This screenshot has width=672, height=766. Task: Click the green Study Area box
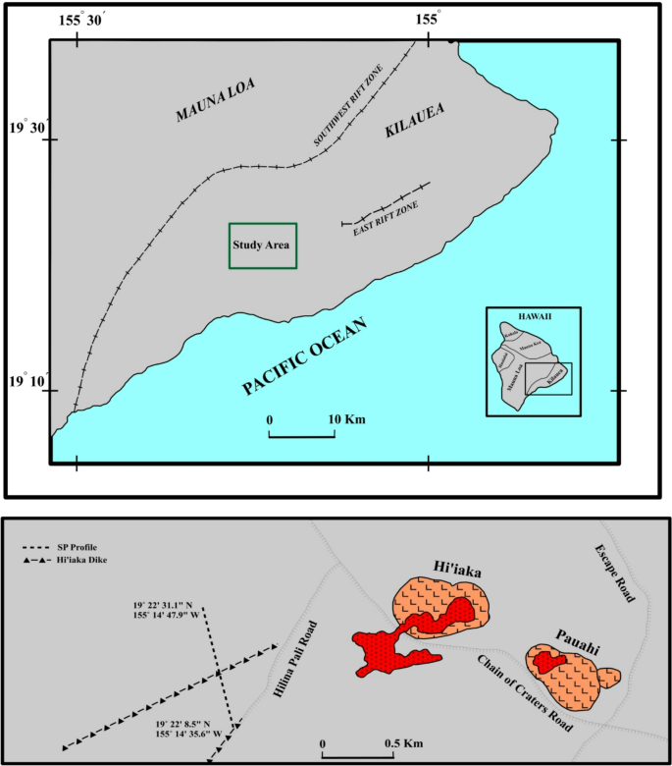[263, 246]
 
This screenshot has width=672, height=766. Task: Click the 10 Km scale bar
[302, 432]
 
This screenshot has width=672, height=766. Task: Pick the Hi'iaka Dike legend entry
[78, 560]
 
